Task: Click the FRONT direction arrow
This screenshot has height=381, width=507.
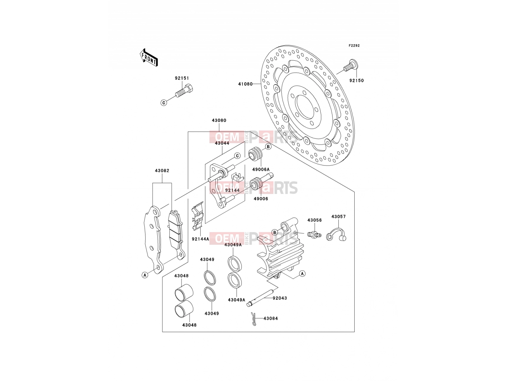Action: [x=149, y=57]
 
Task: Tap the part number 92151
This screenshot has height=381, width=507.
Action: [x=182, y=78]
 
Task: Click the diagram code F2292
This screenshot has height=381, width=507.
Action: [x=354, y=46]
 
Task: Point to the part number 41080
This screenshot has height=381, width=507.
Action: [x=245, y=84]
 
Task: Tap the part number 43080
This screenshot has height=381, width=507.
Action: [x=219, y=120]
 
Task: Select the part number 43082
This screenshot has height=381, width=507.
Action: [x=162, y=170]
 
